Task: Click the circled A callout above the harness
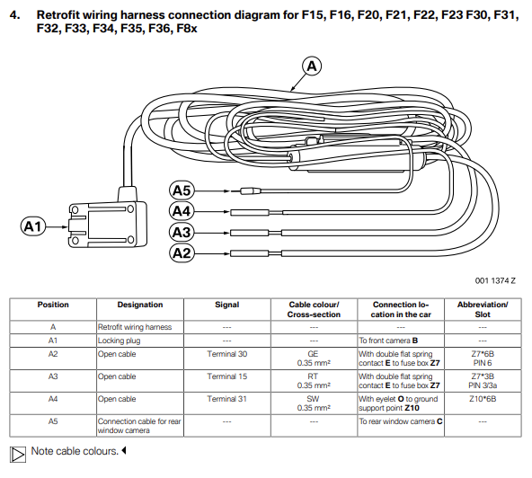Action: [x=312, y=66]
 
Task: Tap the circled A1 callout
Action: [x=33, y=226]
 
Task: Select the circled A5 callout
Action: [x=182, y=190]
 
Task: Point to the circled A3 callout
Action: [x=182, y=233]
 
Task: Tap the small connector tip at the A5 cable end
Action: [x=250, y=191]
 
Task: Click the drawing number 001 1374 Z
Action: [x=495, y=281]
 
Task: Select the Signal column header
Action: [x=227, y=305]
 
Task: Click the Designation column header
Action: [x=140, y=305]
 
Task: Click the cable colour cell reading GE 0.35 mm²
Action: [x=314, y=358]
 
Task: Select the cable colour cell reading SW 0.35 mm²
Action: [x=314, y=403]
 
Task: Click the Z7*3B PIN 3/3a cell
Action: [x=483, y=381]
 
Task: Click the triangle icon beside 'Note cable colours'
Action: [x=18, y=455]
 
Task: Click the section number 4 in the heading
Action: [x=14, y=15]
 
